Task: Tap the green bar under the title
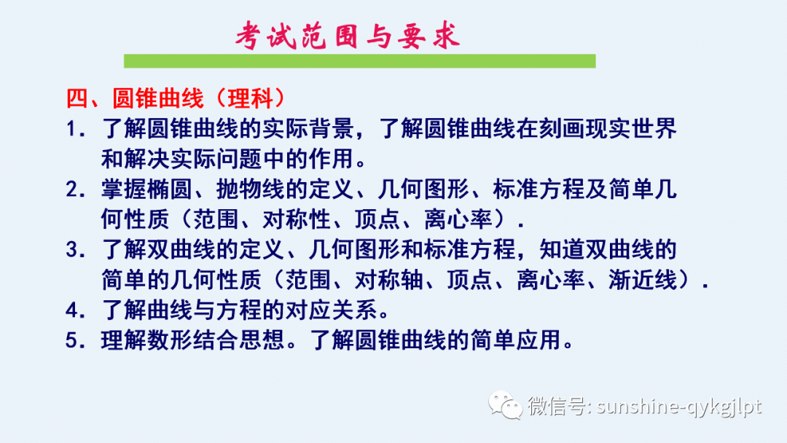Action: pyautogui.click(x=359, y=61)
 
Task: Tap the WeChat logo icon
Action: pyautogui.click(x=504, y=405)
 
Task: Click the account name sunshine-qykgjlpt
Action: pyautogui.click(x=678, y=406)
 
